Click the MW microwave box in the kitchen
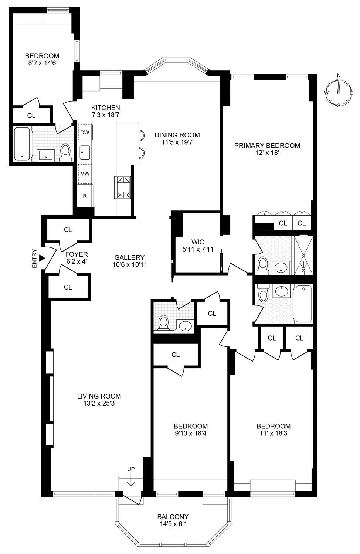[85, 174]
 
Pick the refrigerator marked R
[85, 196]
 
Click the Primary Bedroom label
[267, 146]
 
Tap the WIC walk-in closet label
[197, 242]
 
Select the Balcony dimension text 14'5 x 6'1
[173, 524]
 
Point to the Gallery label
[129, 257]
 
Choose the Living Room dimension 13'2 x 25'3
[99, 403]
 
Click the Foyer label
[77, 254]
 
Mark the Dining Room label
[177, 135]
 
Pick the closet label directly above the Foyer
[68, 230]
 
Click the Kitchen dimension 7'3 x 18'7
[106, 115]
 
